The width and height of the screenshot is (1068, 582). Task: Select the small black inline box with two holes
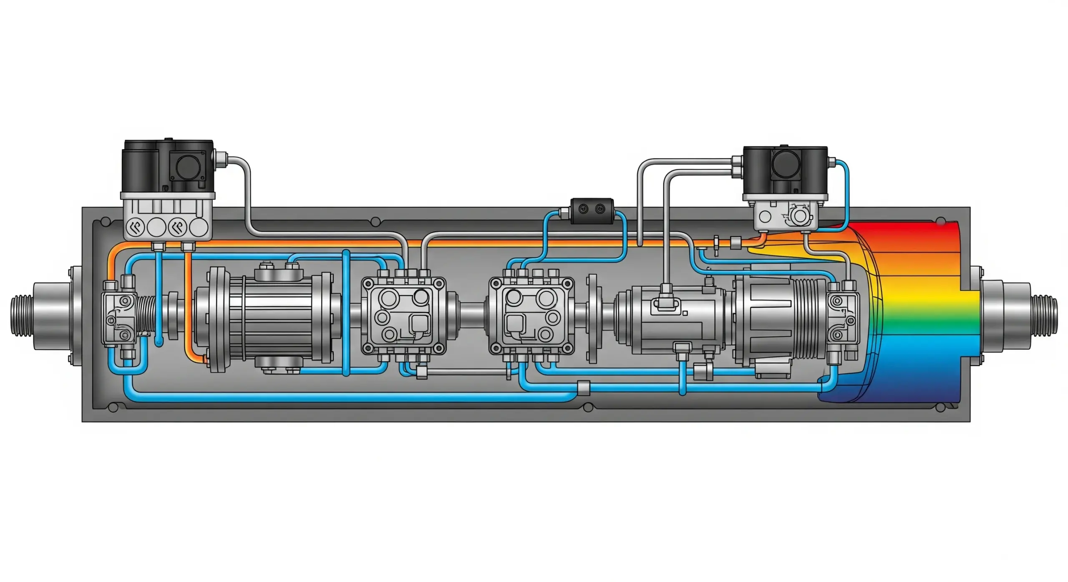tap(592, 210)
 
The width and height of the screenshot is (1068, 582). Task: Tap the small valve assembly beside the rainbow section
tap(843, 317)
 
